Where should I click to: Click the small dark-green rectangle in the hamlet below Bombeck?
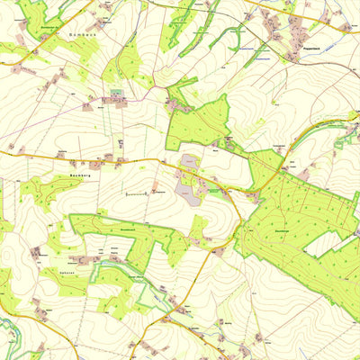pos(117,93)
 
